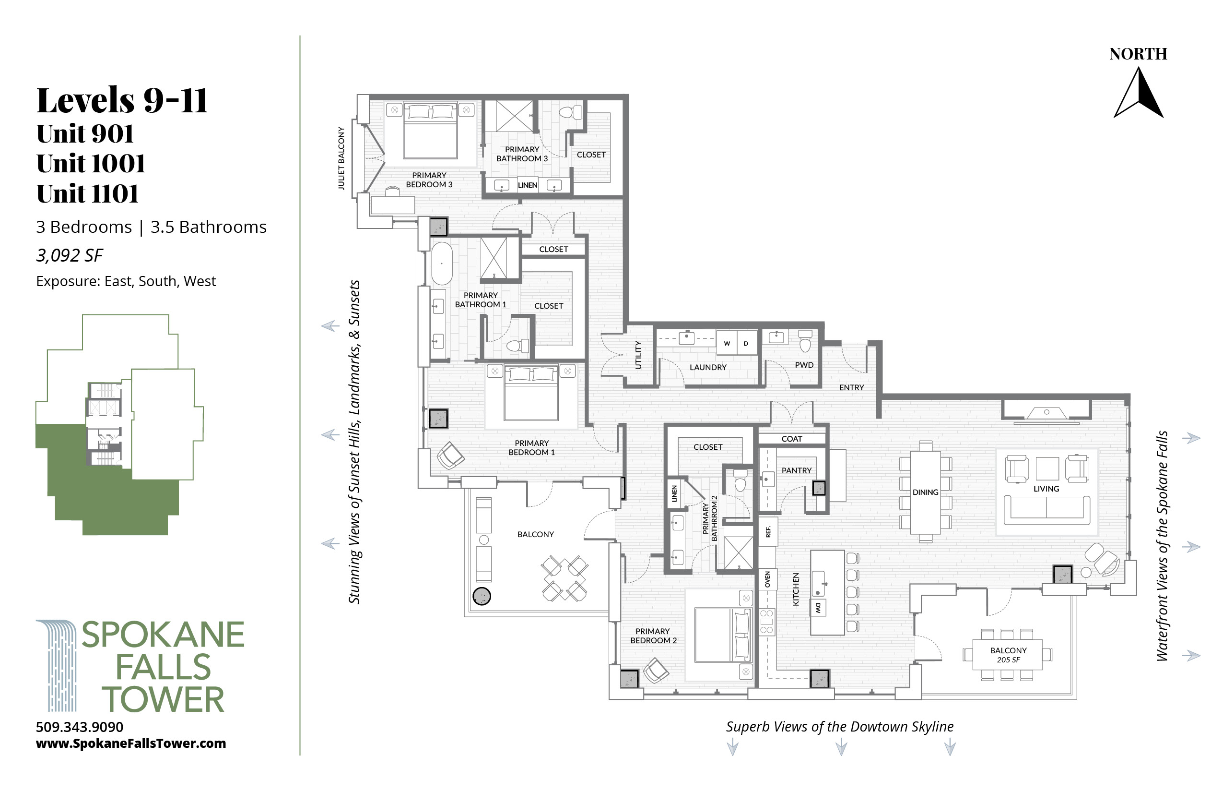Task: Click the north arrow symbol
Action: coord(1139,94)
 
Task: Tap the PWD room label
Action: coord(804,365)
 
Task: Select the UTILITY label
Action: coord(638,355)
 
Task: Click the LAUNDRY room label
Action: coord(708,367)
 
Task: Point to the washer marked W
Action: coord(727,343)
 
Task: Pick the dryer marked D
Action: coord(746,343)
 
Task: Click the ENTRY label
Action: coord(851,387)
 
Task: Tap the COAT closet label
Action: coord(791,439)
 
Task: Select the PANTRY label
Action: coord(797,470)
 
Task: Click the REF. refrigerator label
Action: coord(768,532)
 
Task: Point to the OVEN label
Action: coord(768,579)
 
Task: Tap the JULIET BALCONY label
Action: coord(341,158)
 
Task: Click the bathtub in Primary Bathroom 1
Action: coord(441,264)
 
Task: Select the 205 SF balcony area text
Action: coord(1008,660)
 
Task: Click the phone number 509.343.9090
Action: coord(80,727)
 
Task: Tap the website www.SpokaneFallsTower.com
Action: coord(131,743)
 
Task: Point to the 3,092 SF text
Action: coord(70,255)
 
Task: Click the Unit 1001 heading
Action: coord(91,164)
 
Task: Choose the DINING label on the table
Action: coord(926,492)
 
